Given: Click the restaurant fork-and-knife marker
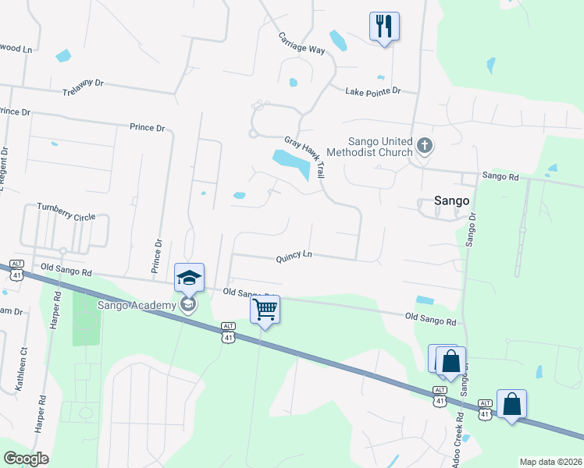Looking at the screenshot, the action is click(384, 26).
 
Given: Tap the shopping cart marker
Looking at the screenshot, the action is click(265, 310).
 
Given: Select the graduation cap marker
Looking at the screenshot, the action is click(188, 278).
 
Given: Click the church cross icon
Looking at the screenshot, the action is click(425, 145).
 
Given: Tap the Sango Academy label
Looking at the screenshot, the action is click(137, 305).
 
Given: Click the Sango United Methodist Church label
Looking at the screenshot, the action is click(369, 147).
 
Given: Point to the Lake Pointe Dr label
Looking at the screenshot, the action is click(372, 91).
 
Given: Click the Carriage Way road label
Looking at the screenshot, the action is click(301, 43).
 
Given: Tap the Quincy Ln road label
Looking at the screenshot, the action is click(293, 255).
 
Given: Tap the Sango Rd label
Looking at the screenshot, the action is click(500, 176).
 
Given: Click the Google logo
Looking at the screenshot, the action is click(26, 459).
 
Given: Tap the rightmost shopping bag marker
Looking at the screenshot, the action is click(511, 405).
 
